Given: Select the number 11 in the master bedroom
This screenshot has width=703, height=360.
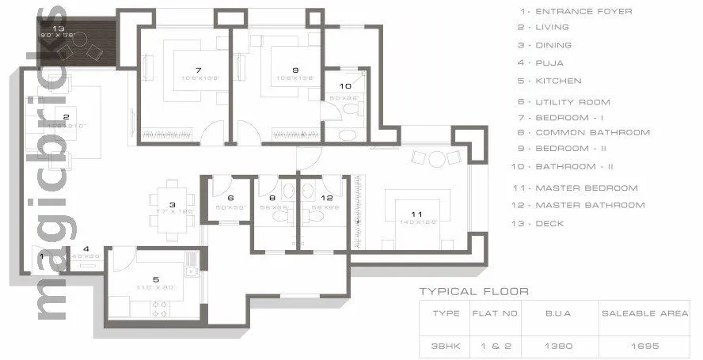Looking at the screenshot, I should click(416, 214).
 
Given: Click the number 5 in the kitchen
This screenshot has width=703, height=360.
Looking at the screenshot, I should click(156, 279).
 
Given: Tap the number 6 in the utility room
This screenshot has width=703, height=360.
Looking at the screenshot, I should click(230, 199).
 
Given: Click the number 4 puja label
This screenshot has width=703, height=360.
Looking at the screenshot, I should click(86, 248).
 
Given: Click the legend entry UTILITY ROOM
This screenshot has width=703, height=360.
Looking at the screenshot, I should click(564, 101).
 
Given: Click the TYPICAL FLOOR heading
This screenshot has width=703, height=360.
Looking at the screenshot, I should click(473, 291).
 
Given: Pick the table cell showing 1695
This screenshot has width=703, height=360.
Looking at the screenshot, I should click(645, 346).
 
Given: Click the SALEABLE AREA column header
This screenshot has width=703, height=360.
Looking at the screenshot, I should click(645, 313).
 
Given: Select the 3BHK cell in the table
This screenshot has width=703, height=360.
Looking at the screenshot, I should click(446, 346).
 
